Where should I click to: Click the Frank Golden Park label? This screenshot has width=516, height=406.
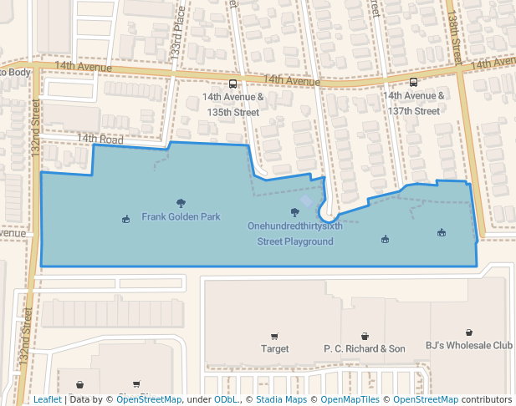181,217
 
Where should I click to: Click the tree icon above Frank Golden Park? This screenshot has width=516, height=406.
181,203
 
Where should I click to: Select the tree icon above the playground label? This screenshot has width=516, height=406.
294,212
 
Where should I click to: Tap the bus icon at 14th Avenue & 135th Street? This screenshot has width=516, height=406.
232,84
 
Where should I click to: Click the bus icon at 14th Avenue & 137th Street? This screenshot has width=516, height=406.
413,82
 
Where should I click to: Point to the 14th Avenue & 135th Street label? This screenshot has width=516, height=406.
232,104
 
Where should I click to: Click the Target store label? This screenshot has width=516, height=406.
274,348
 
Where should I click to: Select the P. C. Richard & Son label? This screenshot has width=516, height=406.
364,348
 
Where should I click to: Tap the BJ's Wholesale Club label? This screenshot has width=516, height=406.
468,345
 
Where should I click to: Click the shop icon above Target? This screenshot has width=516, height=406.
274,335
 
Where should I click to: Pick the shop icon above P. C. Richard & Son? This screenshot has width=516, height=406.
365,335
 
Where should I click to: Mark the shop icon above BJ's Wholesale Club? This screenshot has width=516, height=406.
468,332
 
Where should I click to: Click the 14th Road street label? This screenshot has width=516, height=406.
100,139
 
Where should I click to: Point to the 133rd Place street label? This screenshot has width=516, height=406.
178,38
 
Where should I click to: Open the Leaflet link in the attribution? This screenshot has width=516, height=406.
47,399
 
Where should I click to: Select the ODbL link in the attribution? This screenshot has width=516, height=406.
226,399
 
